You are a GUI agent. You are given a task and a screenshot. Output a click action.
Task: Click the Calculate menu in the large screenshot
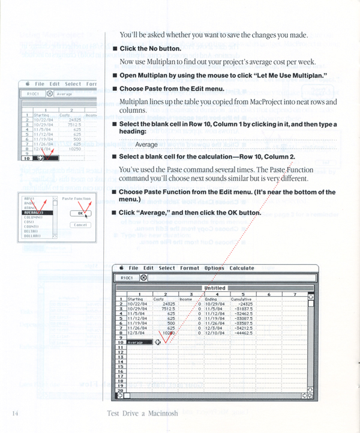click(x=241, y=268)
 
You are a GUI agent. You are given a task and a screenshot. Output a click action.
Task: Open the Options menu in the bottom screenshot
click(x=214, y=268)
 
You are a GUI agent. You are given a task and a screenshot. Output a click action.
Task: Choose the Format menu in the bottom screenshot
click(x=190, y=268)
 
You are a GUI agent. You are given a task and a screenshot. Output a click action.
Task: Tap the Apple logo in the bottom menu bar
click(x=121, y=268)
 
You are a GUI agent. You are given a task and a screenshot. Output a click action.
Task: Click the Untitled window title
click(x=215, y=288)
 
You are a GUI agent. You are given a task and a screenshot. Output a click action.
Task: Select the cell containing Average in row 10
click(x=137, y=342)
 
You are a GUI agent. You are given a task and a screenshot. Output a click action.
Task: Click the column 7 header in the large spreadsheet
click(x=295, y=294)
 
